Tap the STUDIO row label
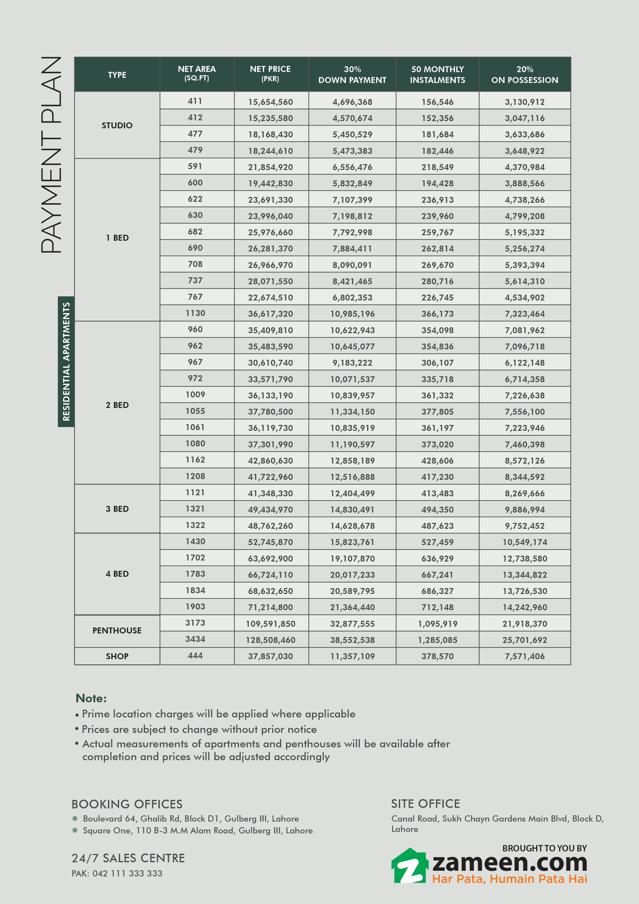pyautogui.click(x=117, y=125)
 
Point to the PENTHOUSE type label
pyautogui.click(x=117, y=630)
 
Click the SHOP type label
pyautogui.click(x=117, y=656)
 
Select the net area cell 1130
pyautogui.click(x=195, y=313)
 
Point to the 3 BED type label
pyautogui.click(x=117, y=509)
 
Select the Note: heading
pyautogui.click(x=91, y=698)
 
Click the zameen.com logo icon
pyautogui.click(x=409, y=866)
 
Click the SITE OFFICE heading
pyautogui.click(x=425, y=803)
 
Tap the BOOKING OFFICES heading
pyautogui.click(x=127, y=804)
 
